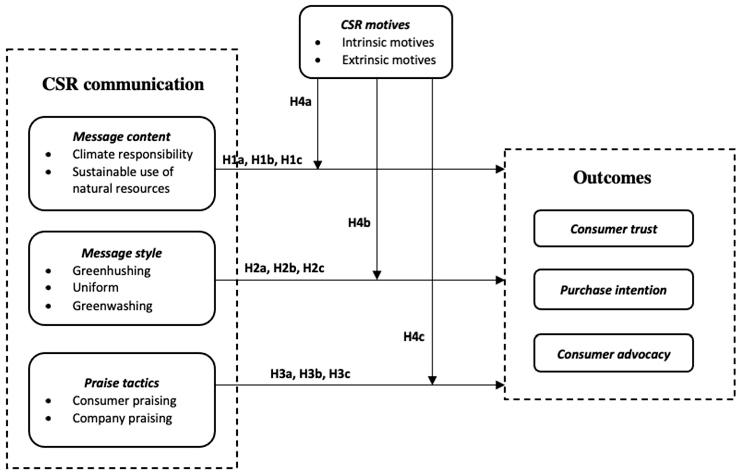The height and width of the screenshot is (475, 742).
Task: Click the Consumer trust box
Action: [x=613, y=229]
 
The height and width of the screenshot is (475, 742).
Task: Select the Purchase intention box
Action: [x=613, y=290]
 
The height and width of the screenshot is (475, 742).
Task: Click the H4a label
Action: [x=300, y=102]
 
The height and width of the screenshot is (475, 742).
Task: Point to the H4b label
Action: [x=359, y=223]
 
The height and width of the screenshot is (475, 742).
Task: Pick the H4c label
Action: [x=414, y=337]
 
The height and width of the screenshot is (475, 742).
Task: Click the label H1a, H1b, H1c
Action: [x=262, y=160]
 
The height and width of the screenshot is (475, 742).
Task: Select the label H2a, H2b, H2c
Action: [x=284, y=268]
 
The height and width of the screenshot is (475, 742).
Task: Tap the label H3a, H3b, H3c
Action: [x=310, y=374]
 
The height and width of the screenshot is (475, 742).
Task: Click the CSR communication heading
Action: [x=123, y=84]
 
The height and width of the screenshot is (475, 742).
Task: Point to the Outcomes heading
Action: [x=612, y=178]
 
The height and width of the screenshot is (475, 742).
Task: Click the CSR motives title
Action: [x=375, y=25]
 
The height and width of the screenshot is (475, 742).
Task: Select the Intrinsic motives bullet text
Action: [x=388, y=43]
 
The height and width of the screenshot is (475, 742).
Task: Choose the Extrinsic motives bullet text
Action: [x=388, y=60]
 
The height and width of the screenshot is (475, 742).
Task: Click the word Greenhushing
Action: [x=111, y=271]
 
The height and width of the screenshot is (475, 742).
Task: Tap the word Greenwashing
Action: [x=112, y=306]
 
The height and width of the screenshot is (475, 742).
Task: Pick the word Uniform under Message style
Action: [x=95, y=287]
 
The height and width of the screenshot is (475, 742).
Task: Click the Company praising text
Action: [x=122, y=418]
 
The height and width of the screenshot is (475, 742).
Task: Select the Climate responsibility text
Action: [x=133, y=154]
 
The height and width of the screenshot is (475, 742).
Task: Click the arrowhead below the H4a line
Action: [x=317, y=165]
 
